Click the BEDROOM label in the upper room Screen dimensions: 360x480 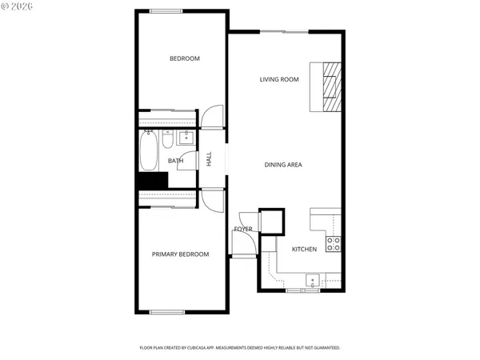point(184,58)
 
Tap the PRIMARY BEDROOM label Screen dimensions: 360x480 point(180,254)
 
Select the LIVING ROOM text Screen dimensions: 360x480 point(278,79)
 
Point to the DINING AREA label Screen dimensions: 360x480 point(282,165)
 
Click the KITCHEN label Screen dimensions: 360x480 point(304,250)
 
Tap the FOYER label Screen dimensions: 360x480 point(243,230)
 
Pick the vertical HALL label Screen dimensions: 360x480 point(209,160)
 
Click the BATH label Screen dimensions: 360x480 point(175,161)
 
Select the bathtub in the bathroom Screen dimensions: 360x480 point(149,152)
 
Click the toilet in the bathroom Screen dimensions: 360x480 point(167,142)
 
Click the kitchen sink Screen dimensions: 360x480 point(313,280)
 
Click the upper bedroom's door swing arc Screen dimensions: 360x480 point(211,118)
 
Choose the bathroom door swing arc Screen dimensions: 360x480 point(187,160)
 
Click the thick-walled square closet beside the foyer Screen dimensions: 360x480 point(272,221)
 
